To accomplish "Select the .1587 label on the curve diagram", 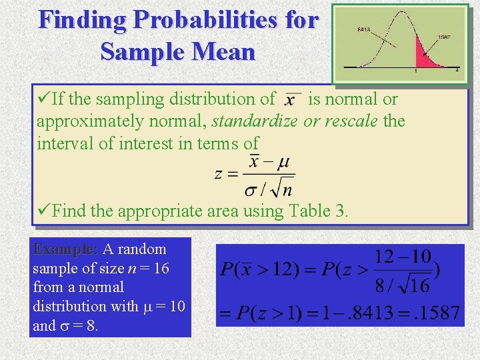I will coord(443,38).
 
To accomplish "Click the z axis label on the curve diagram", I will coord(457,69).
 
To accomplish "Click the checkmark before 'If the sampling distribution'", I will coord(43,99).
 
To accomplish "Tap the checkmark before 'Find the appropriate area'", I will coord(43,211).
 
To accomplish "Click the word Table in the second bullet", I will coord(310,211).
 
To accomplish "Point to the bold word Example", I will coord(65,249).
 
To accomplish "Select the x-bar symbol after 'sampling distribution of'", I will coord(291,100).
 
